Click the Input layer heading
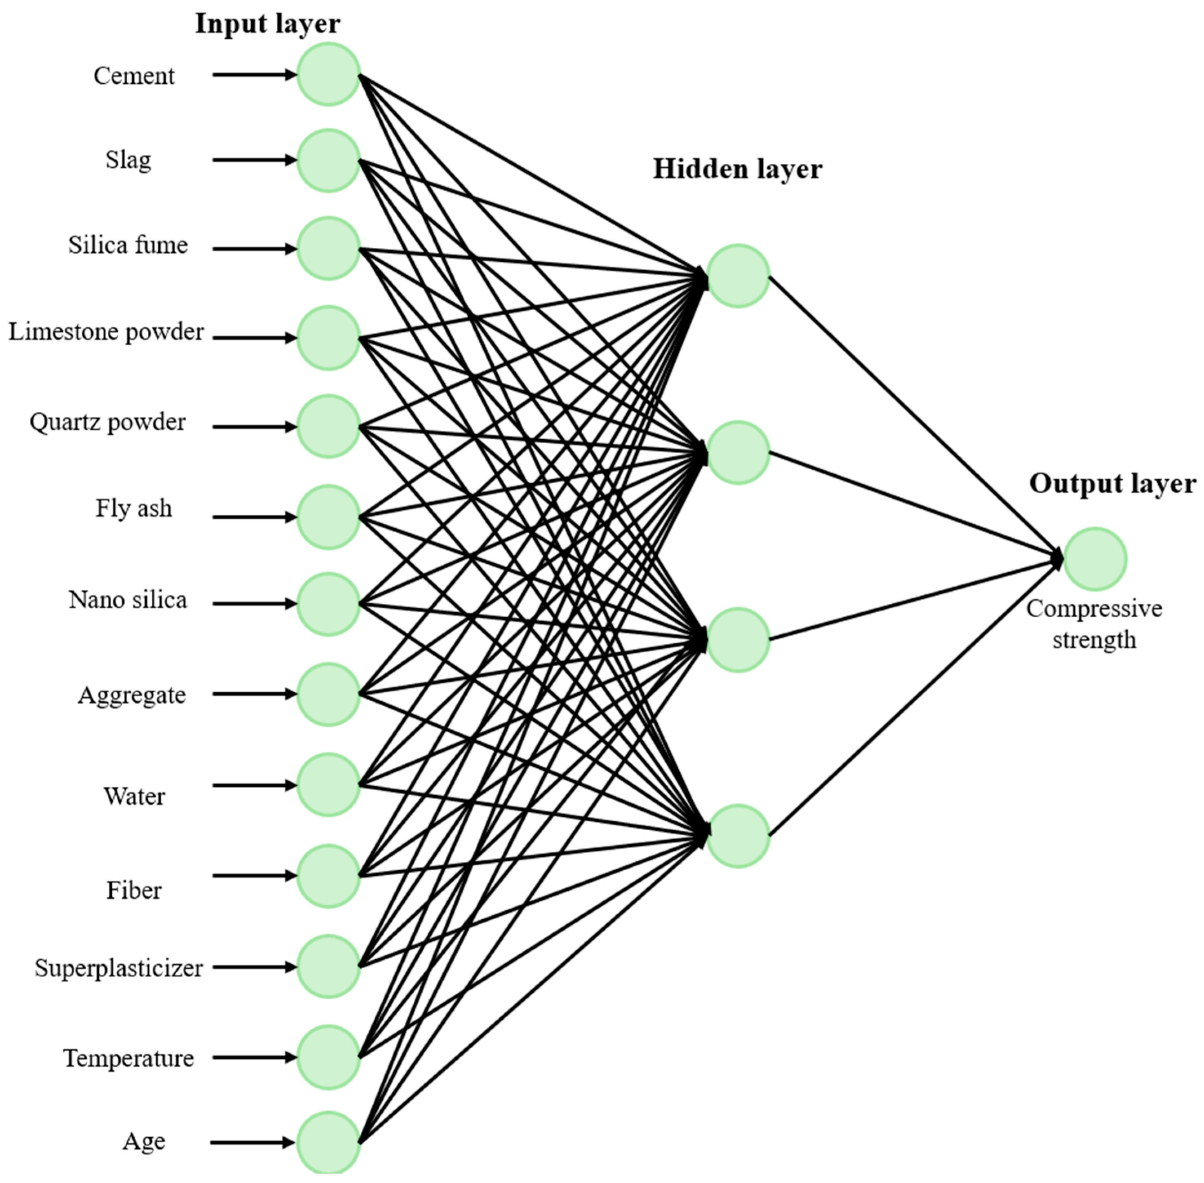(x=268, y=24)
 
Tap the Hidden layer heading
(x=737, y=169)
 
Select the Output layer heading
(x=1112, y=483)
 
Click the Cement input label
(x=134, y=76)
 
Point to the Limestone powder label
(x=106, y=332)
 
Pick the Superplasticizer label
(x=119, y=968)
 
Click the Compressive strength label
(x=1094, y=624)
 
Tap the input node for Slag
(x=328, y=160)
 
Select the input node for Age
(x=328, y=1142)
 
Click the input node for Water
(x=328, y=785)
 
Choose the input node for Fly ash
(x=328, y=517)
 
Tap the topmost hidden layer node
(x=738, y=276)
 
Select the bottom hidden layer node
(x=738, y=836)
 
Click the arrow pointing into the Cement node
(x=255, y=75)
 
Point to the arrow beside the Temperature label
(x=255, y=1057)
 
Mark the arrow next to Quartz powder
(x=255, y=427)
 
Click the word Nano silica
(x=128, y=600)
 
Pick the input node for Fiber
(x=328, y=876)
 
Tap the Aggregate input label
(x=132, y=695)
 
